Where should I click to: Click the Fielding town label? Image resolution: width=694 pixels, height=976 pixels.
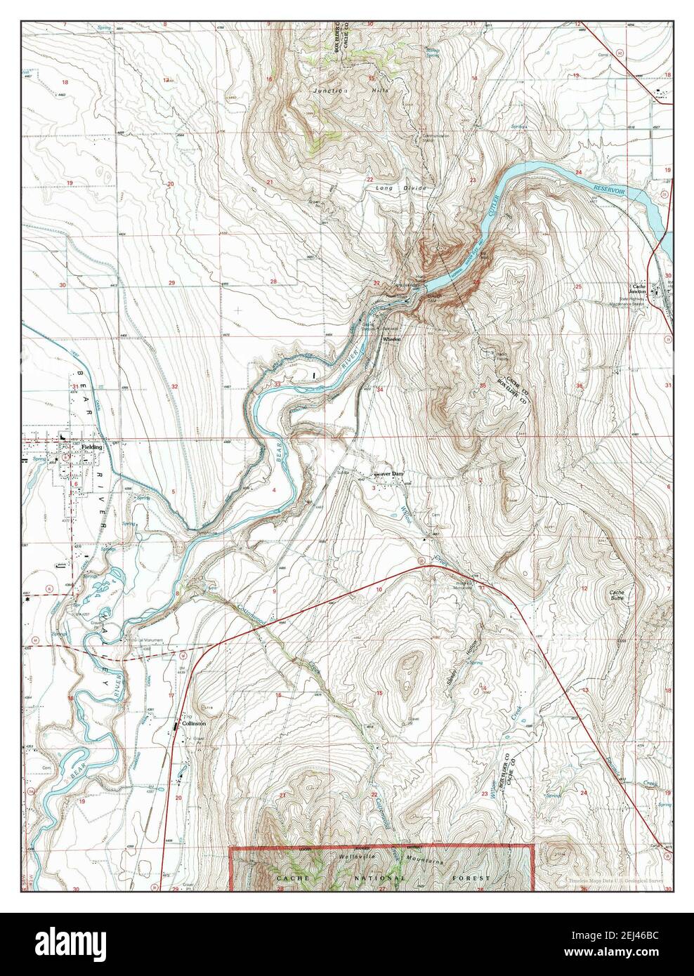click(91, 447)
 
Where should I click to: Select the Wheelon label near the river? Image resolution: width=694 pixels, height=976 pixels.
click(391, 339)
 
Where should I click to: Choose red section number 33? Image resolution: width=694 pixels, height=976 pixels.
click(278, 385)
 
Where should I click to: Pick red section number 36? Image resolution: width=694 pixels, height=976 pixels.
click(579, 385)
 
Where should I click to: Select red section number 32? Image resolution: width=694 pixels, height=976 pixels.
click(173, 387)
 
